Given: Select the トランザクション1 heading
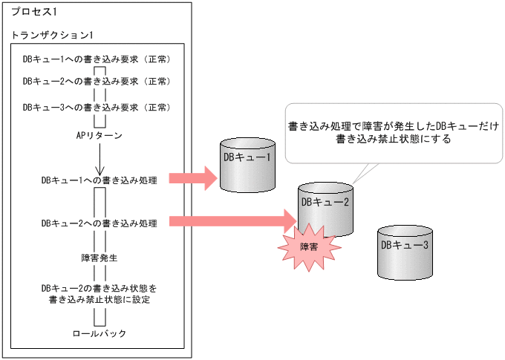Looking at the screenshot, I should (x=50, y=35).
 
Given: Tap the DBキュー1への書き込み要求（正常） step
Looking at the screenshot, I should (x=97, y=58).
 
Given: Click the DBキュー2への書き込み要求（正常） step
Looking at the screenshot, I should (x=97, y=82).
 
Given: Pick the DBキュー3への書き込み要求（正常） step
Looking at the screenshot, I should (x=97, y=107).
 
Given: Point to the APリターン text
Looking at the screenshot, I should (x=99, y=136).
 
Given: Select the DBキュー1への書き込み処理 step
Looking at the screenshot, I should (x=99, y=180).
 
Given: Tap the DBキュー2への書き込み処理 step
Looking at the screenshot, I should (x=99, y=223).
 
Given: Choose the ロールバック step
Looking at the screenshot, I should (x=100, y=333).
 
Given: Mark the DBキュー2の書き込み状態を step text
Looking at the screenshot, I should (x=99, y=287).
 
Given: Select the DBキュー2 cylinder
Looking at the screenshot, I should (x=325, y=208).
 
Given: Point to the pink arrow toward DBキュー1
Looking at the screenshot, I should (x=194, y=178).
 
